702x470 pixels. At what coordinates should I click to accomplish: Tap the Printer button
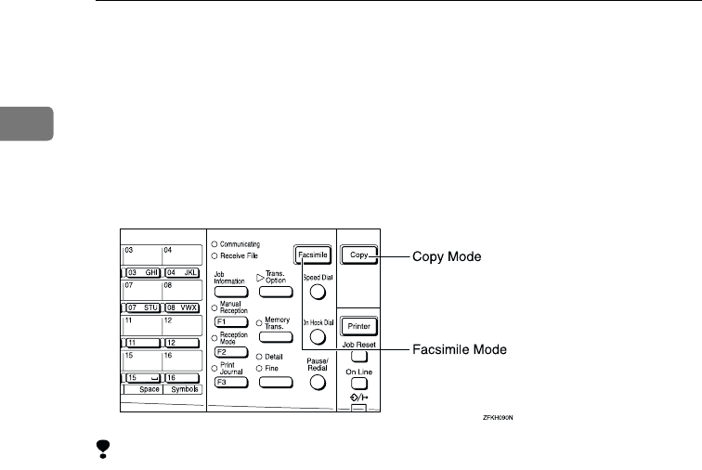[357, 327]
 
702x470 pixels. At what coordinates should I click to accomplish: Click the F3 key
[227, 382]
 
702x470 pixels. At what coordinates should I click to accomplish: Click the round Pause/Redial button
[318, 381]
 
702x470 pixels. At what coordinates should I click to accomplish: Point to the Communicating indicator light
[214, 243]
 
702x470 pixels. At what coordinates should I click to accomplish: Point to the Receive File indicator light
[214, 255]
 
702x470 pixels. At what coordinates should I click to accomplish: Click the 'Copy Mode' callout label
[446, 253]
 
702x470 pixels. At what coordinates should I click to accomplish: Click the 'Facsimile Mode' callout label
[460, 350]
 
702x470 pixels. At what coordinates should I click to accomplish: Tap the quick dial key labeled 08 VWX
[182, 307]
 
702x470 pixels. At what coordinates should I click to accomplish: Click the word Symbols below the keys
[182, 390]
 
